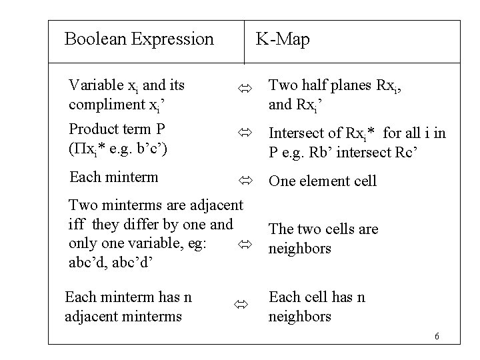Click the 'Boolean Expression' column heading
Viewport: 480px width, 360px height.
[x=139, y=39]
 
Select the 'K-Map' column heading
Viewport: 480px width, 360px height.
[x=283, y=40]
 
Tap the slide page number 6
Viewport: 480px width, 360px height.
[x=437, y=335]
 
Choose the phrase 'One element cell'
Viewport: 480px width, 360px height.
[x=322, y=181]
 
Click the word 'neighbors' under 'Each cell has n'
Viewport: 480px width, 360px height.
[x=299, y=316]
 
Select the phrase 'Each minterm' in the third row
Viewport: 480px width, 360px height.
[x=113, y=177]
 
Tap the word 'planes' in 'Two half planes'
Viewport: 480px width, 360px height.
[x=350, y=85]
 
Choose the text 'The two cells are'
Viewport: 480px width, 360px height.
[x=323, y=229]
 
